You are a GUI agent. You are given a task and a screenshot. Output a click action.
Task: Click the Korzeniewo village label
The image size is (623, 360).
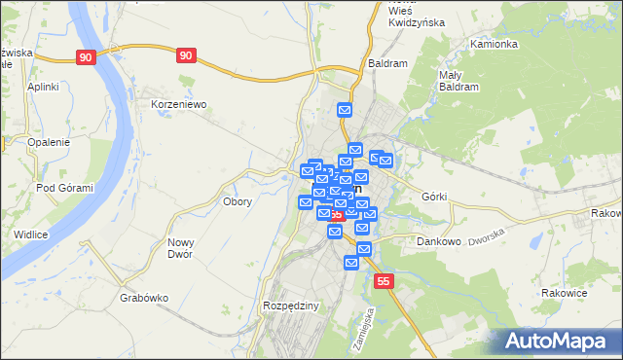(x=178, y=103)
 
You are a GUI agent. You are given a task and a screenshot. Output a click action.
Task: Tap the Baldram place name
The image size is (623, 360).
(x=386, y=62)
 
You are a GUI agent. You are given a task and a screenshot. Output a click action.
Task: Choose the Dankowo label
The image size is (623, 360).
(x=438, y=240)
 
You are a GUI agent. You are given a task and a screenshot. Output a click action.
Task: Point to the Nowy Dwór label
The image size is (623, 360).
(x=180, y=248)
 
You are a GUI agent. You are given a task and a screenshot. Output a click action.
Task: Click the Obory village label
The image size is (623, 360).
(x=238, y=202)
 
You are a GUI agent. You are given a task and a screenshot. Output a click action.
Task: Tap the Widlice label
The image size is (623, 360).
(x=31, y=234)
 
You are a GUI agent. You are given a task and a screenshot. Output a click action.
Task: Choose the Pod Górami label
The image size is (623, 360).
(x=63, y=188)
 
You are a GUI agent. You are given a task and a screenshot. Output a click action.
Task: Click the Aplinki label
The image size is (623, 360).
(x=44, y=87)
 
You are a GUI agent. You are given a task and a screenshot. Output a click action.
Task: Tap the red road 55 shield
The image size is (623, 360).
(x=385, y=281)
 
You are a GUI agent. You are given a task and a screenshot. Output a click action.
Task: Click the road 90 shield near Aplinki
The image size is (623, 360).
(x=87, y=57)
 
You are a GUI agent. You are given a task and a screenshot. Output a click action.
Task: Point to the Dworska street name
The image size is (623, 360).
(x=489, y=237)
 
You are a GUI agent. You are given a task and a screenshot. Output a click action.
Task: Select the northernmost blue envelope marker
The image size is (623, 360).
(x=344, y=111)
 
